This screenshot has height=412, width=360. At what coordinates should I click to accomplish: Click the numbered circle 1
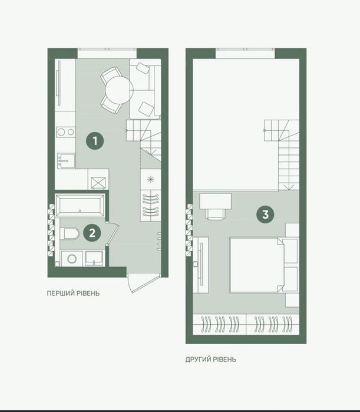tap(95, 141)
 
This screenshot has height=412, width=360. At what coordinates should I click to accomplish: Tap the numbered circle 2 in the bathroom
tap(92, 233)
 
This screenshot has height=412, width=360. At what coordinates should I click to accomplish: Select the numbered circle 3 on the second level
tap(265, 215)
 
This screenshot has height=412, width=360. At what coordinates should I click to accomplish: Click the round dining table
tap(119, 90)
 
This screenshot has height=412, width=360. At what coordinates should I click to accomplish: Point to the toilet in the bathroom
tap(70, 233)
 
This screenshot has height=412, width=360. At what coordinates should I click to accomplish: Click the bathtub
tap(80, 206)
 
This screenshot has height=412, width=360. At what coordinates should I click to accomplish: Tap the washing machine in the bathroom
tap(72, 259)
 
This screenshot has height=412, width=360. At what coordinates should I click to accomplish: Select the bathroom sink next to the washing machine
tap(94, 259)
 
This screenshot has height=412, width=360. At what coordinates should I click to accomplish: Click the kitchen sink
tap(66, 161)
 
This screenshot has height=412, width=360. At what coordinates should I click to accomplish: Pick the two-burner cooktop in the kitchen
tap(65, 132)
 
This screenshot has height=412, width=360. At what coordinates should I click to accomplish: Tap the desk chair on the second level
tap(216, 213)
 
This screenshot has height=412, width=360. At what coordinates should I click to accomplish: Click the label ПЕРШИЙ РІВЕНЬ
tap(73, 294)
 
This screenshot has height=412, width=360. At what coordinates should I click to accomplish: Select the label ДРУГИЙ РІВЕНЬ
tap(210, 359)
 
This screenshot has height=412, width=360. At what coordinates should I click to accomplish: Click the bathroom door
tap(114, 234)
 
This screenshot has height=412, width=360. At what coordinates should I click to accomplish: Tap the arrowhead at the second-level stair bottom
tap(289, 187)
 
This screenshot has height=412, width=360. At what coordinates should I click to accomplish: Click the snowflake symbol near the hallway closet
tap(150, 179)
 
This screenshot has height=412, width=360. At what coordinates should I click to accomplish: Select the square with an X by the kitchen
tap(98, 183)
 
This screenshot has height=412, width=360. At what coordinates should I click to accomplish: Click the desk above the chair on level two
tap(215, 201)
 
